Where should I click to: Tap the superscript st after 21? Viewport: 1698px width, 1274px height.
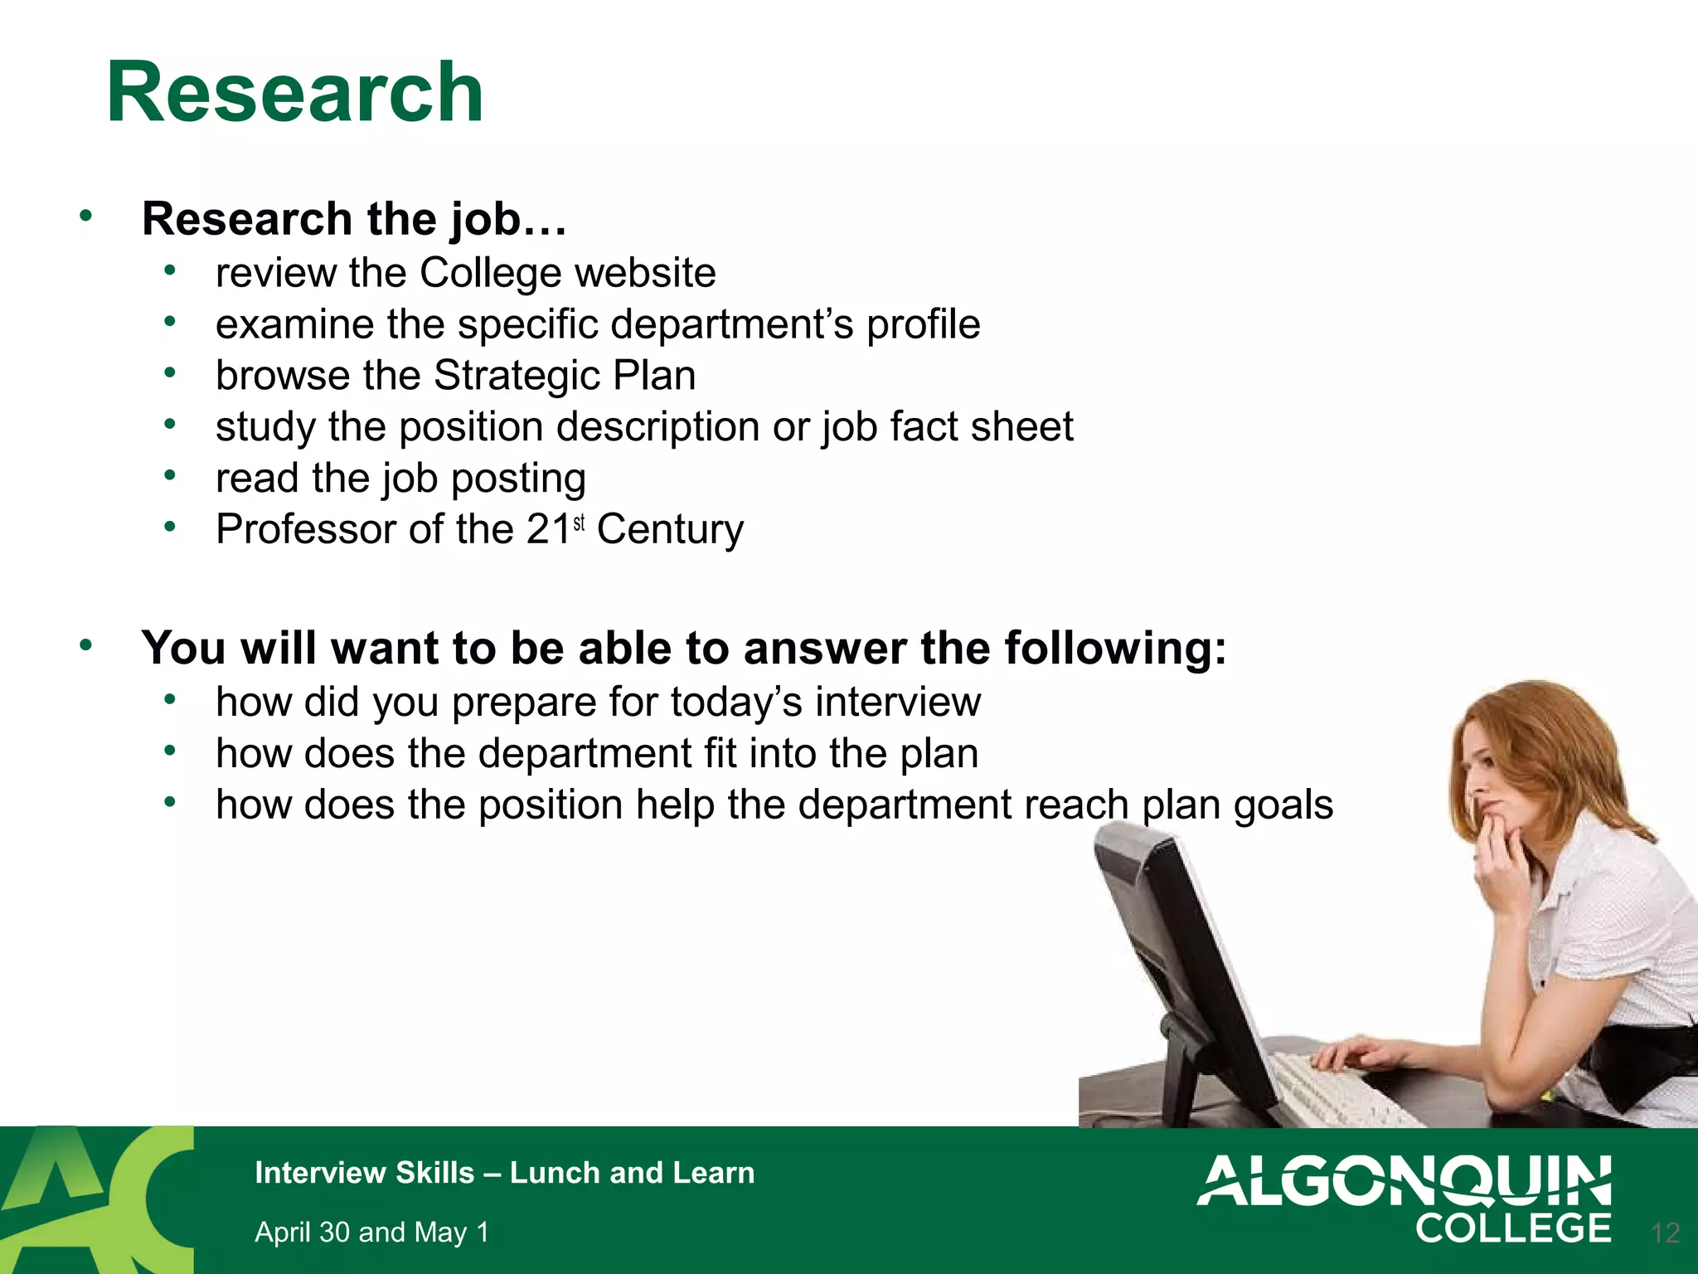579,523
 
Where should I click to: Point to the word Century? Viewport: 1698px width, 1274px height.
670,530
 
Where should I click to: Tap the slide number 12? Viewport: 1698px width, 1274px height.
1665,1233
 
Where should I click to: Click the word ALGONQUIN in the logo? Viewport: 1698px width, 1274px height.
1404,1181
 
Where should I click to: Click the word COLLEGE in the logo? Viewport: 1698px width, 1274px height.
1513,1228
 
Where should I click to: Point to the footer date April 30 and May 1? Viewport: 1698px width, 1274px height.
371,1233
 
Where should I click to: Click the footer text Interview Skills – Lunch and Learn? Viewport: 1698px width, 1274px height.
504,1173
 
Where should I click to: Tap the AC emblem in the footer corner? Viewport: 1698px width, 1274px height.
95,1199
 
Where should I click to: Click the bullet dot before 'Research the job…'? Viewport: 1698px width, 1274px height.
85,216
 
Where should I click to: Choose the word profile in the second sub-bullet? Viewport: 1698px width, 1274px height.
923,324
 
